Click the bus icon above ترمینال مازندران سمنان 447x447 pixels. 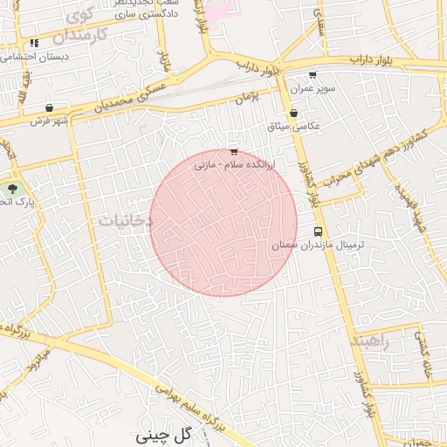[x=316, y=232]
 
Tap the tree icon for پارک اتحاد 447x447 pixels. [x=12, y=189]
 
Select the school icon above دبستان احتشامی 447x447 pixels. [x=33, y=43]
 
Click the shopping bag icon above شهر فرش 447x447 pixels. [x=50, y=108]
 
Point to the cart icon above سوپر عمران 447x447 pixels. [x=313, y=76]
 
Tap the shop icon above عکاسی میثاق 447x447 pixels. [x=293, y=113]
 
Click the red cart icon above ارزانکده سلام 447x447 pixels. [x=233, y=152]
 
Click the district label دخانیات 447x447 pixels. [x=126, y=221]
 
